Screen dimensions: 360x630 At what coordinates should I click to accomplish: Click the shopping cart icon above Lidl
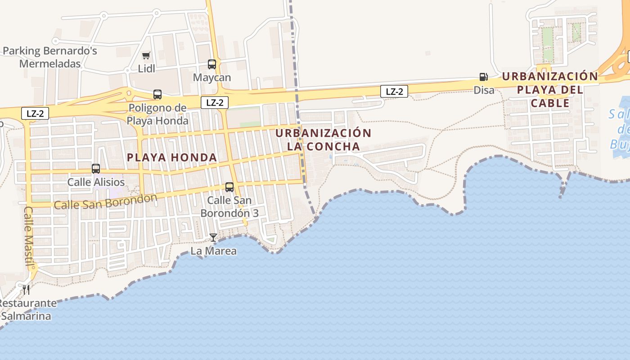(146, 56)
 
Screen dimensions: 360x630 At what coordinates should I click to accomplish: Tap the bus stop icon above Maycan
(212, 64)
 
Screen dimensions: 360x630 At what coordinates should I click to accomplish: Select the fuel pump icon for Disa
(483, 77)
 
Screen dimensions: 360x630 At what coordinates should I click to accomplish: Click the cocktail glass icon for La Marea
(213, 237)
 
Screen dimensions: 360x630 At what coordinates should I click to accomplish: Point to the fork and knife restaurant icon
(26, 289)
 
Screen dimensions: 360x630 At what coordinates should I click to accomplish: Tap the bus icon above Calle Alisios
(96, 169)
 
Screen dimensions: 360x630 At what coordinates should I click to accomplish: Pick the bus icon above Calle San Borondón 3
(229, 187)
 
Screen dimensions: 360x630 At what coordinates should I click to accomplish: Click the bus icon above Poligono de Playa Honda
(157, 94)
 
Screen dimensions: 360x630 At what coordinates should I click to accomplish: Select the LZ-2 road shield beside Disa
(394, 92)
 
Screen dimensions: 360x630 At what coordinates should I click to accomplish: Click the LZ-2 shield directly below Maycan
(215, 103)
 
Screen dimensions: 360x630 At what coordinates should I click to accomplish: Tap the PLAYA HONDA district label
(172, 157)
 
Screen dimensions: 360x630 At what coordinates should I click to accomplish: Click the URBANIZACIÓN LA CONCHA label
(323, 140)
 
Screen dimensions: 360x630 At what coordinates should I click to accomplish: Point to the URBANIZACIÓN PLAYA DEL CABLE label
(550, 90)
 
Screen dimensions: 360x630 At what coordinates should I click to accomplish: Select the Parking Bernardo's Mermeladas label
(50, 57)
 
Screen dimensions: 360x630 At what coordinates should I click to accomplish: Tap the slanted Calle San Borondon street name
(105, 201)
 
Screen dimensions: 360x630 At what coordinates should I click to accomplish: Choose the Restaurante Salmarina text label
(27, 310)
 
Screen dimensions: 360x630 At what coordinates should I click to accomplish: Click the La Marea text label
(213, 251)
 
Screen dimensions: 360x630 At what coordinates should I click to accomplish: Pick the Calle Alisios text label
(96, 182)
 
